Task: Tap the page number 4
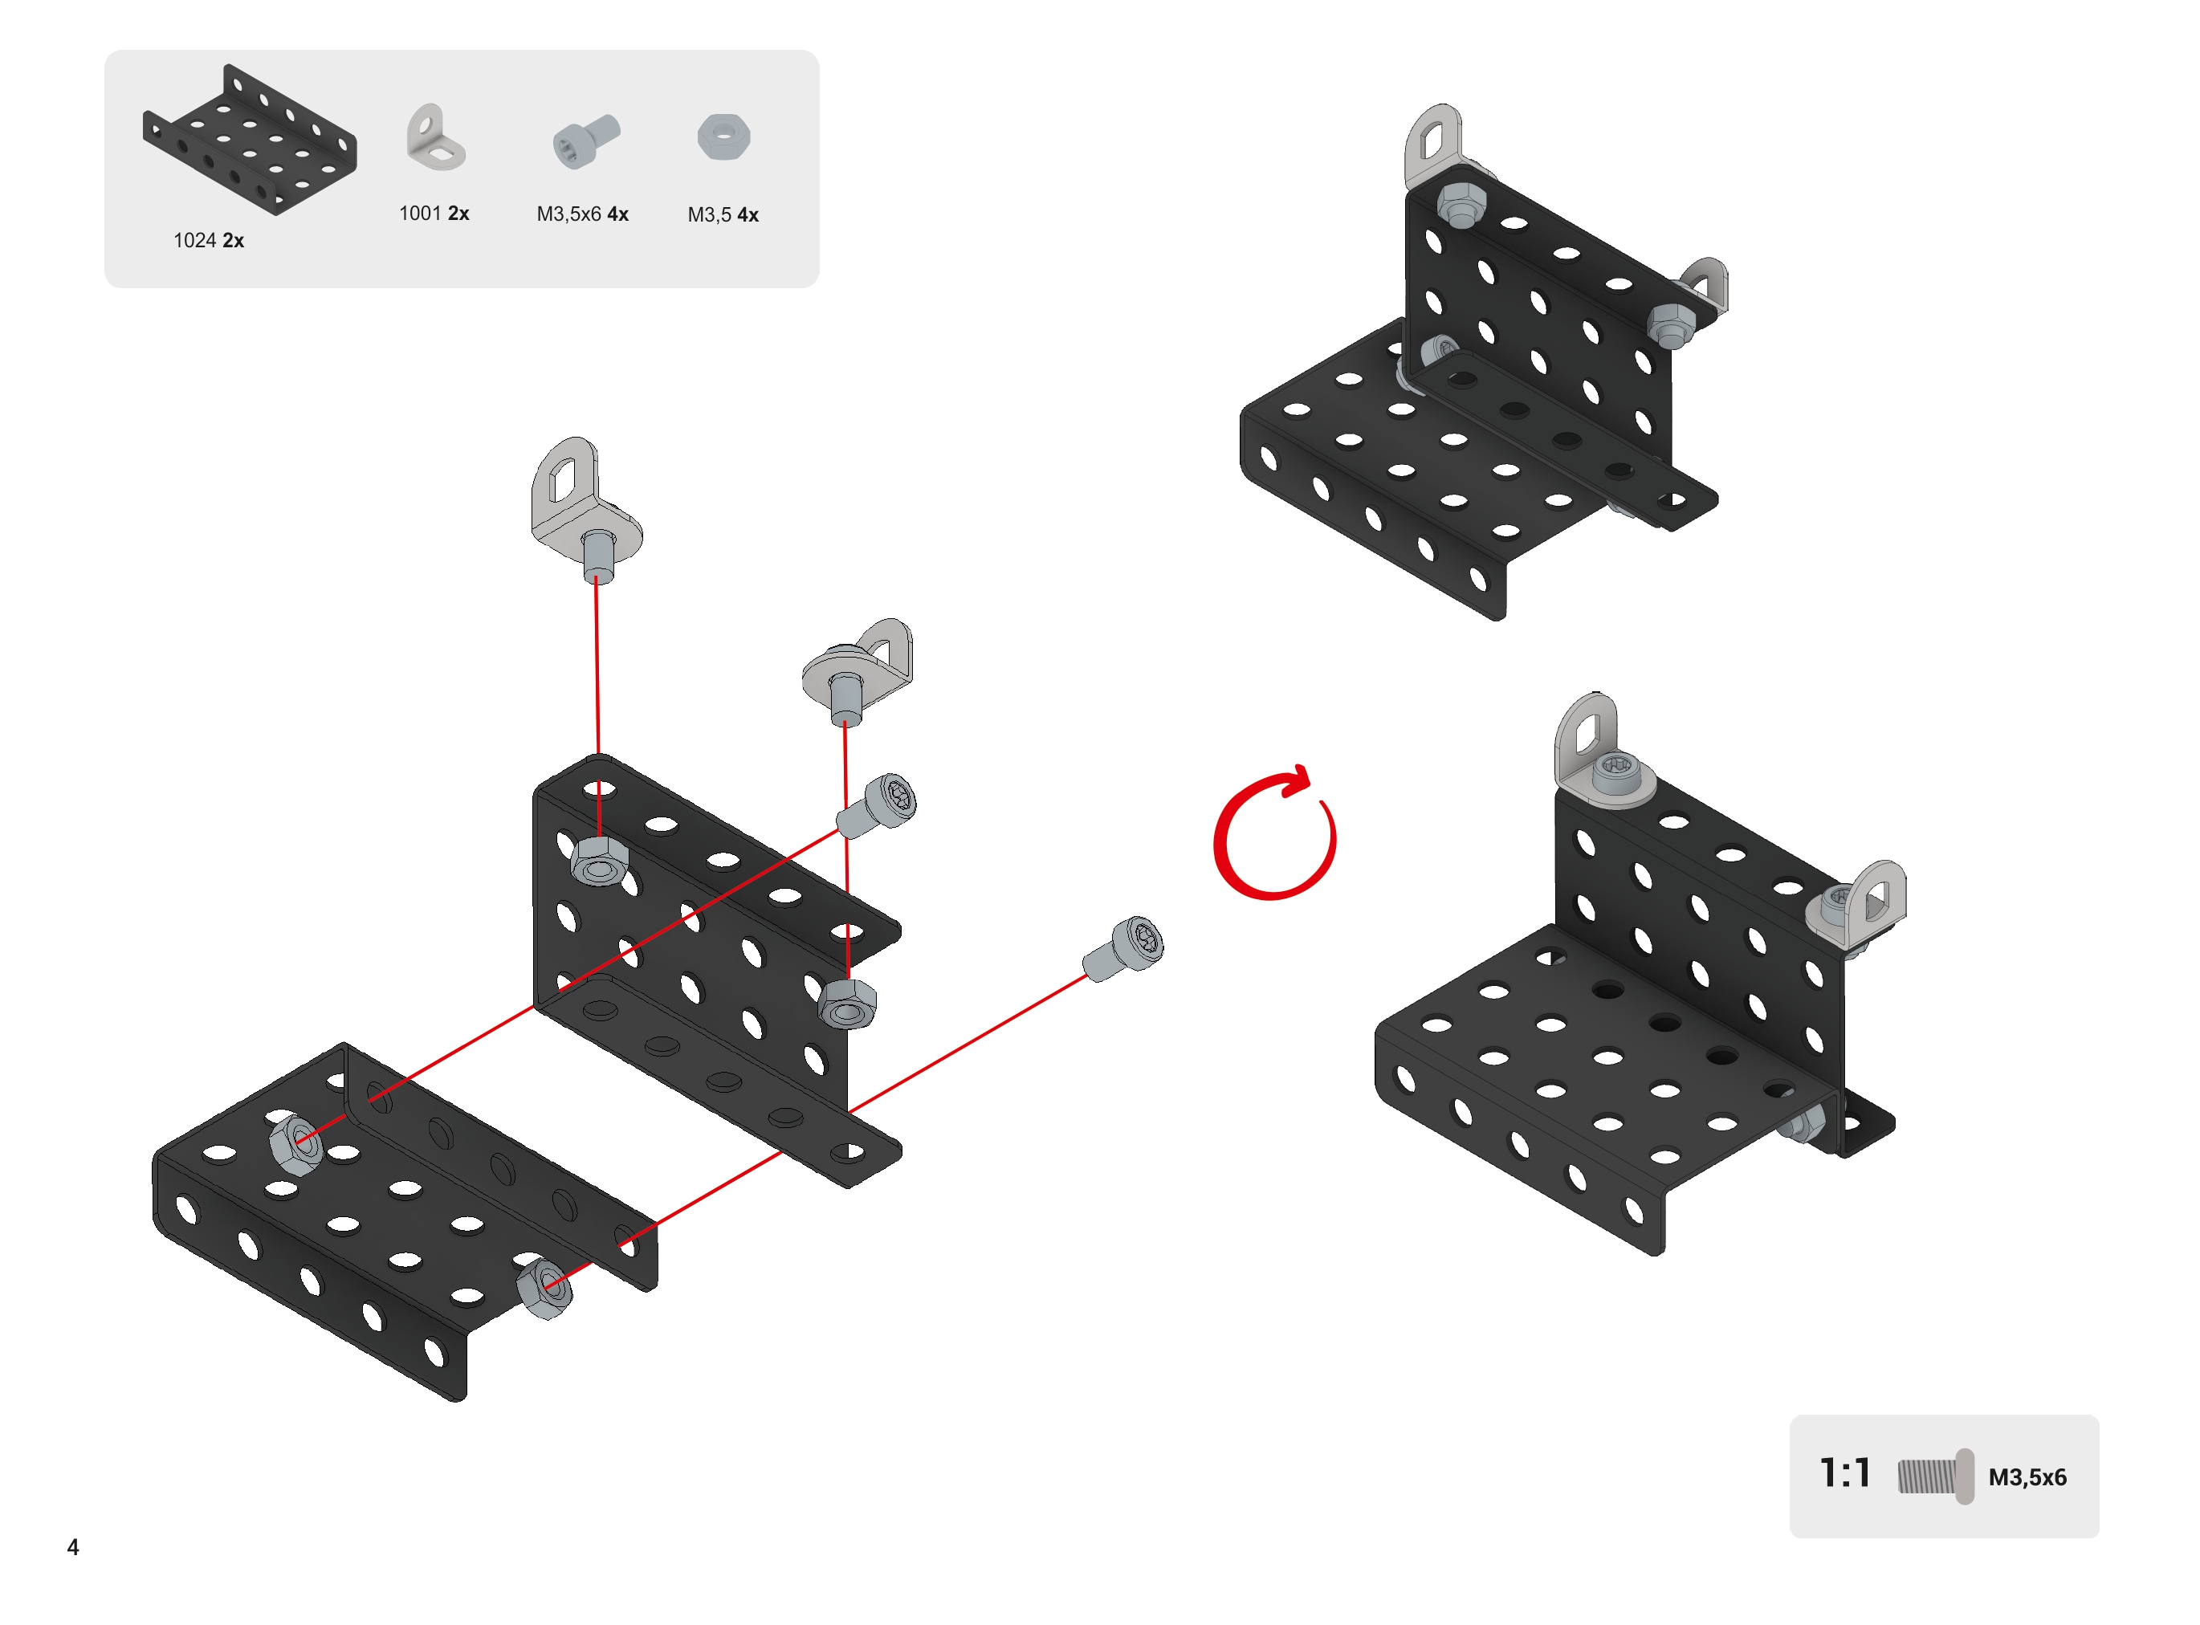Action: [x=73, y=1546]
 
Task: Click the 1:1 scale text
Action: [x=1844, y=1472]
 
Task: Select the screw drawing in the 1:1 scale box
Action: [x=1934, y=1476]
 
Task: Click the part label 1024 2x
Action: [x=209, y=240]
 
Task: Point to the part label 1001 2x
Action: [x=434, y=214]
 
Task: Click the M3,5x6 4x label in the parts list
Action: [x=582, y=214]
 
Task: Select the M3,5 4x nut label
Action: [x=723, y=214]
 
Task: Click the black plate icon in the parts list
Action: [x=250, y=139]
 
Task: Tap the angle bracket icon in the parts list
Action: [x=434, y=138]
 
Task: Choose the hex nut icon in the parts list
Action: [x=723, y=136]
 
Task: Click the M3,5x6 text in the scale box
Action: [x=2027, y=1477]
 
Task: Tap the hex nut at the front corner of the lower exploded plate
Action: [x=544, y=1288]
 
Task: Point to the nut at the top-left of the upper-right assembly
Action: [x=1461, y=206]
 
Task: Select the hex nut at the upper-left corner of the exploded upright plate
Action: [x=599, y=861]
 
